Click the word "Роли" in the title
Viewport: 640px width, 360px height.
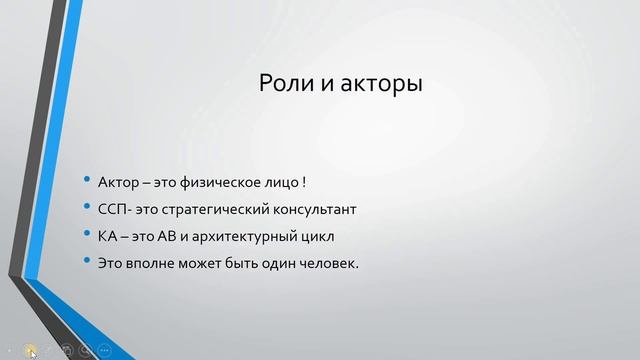283,84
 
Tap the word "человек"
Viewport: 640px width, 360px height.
325,264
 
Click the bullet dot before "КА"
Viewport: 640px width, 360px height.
87,237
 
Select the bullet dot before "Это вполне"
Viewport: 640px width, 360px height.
87,264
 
